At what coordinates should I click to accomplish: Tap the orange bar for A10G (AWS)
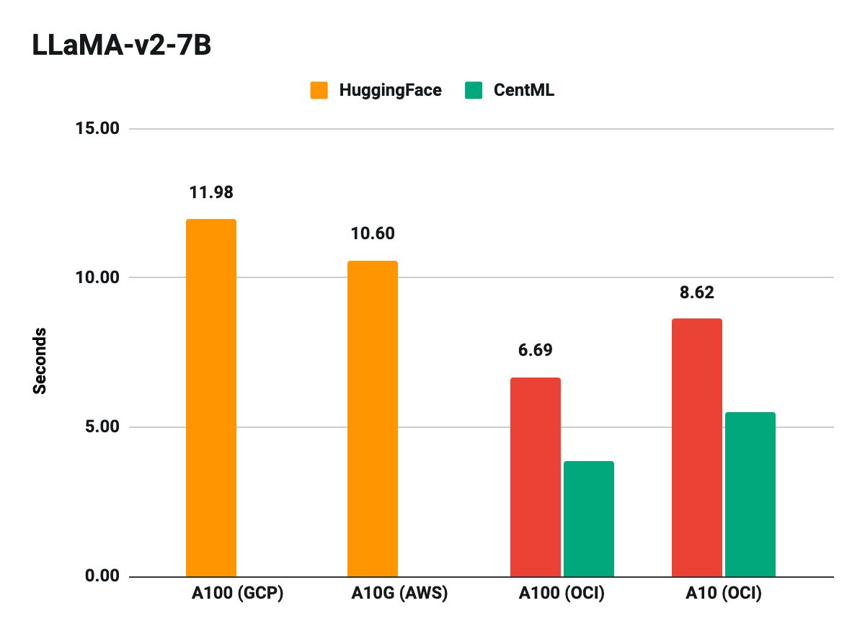coord(373,419)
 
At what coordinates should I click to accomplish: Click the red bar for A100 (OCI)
coord(535,477)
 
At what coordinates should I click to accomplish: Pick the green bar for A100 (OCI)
coord(588,519)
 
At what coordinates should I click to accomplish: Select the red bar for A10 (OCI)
coord(696,447)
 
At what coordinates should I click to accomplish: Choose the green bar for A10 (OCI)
coord(750,494)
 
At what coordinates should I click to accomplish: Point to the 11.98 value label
coord(211,192)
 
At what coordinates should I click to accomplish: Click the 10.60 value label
coord(373,234)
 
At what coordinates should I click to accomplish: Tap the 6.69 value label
coord(535,351)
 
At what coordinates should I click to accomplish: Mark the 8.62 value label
coord(696,293)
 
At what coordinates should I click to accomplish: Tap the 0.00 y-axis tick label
coord(99,576)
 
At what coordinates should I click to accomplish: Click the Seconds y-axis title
coord(40,360)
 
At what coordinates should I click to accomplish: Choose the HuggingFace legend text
coord(390,90)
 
